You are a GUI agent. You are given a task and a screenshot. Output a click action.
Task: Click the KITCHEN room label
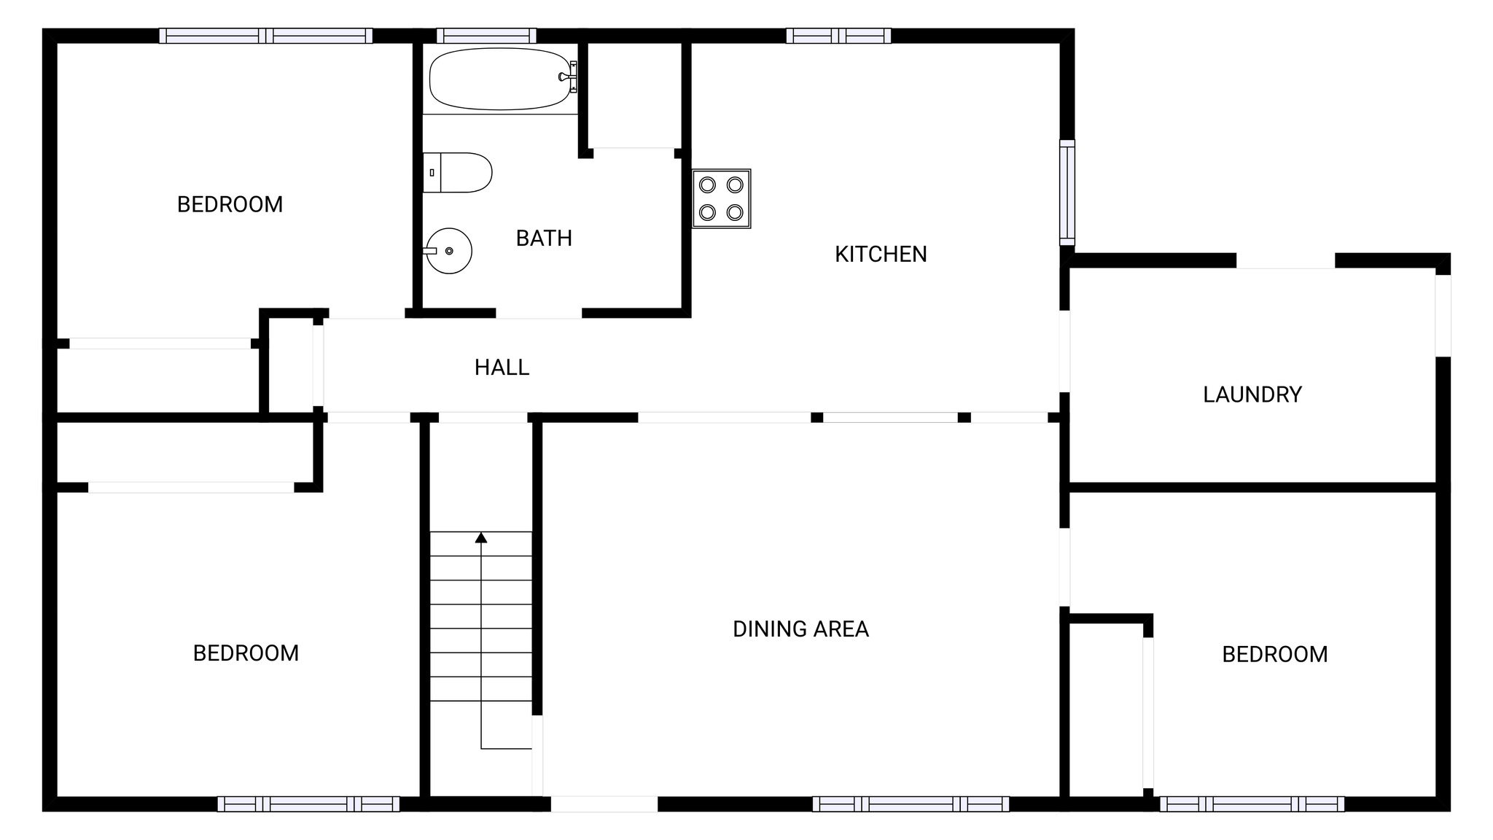pyautogui.click(x=881, y=254)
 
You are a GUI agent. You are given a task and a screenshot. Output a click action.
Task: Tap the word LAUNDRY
pyautogui.click(x=1252, y=394)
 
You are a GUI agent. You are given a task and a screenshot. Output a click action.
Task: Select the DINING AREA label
pyautogui.click(x=800, y=629)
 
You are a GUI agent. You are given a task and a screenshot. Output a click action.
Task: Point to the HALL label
pyautogui.click(x=502, y=367)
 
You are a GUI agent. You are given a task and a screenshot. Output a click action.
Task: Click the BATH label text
pyautogui.click(x=544, y=238)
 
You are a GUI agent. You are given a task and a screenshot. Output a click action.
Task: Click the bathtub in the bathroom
pyautogui.click(x=499, y=79)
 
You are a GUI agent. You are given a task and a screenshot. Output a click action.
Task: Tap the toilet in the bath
pyautogui.click(x=458, y=173)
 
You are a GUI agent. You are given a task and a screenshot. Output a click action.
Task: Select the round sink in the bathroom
pyautogui.click(x=449, y=251)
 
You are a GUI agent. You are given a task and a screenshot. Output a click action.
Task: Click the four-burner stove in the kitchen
pyautogui.click(x=721, y=198)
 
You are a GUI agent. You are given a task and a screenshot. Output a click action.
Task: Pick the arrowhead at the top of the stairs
pyautogui.click(x=481, y=537)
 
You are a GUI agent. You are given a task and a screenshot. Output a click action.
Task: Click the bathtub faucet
pyautogui.click(x=566, y=77)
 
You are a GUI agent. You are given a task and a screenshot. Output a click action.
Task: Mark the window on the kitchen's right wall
pyautogui.click(x=1067, y=192)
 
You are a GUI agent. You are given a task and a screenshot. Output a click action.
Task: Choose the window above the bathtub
pyautogui.click(x=486, y=36)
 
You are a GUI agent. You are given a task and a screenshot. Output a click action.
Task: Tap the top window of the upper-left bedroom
pyautogui.click(x=266, y=36)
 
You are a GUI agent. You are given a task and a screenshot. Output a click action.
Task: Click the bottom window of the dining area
pyautogui.click(x=911, y=804)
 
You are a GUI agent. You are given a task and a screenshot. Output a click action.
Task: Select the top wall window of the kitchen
pyautogui.click(x=838, y=36)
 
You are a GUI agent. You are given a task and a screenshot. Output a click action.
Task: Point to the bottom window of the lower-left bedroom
pyautogui.click(x=308, y=804)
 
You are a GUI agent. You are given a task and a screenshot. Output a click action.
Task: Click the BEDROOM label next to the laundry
pyautogui.click(x=1274, y=654)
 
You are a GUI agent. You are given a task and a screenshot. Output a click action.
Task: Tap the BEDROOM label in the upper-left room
pyautogui.click(x=230, y=204)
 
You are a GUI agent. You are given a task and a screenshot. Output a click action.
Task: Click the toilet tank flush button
pyautogui.click(x=432, y=173)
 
